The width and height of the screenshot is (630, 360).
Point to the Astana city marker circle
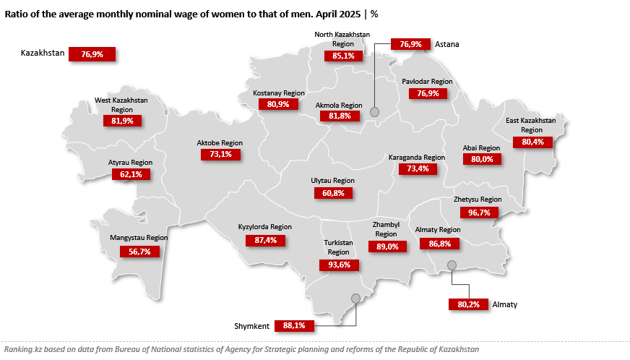pos(374,111)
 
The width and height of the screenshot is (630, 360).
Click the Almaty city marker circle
pos(452,265)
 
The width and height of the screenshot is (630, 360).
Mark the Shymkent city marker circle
pos(355,298)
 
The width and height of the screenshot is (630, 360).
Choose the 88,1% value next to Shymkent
pos(294,326)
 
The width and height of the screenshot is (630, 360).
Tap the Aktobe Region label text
pos(220,143)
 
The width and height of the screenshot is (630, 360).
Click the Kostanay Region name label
pos(279,93)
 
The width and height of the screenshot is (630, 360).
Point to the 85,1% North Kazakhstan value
pos(343,56)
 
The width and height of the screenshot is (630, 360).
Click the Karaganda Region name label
pos(416,157)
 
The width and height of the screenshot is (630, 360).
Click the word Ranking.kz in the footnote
pos(22,349)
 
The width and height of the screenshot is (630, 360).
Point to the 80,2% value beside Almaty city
pos(468,304)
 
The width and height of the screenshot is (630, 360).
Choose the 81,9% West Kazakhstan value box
pos(122,121)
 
